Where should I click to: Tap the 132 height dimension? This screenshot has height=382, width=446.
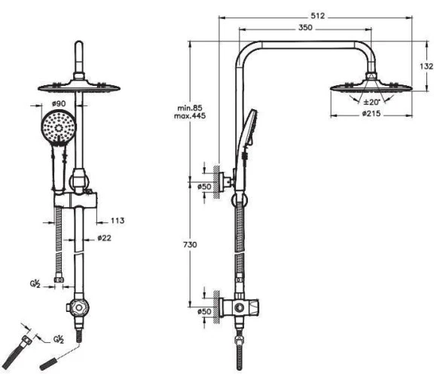[x=426, y=66]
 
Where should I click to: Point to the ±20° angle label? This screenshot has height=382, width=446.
[x=371, y=102]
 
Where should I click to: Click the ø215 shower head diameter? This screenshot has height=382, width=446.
[x=370, y=115]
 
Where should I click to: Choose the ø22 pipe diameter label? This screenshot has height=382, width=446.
[x=104, y=238]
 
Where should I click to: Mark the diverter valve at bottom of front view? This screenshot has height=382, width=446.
[x=77, y=308]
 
